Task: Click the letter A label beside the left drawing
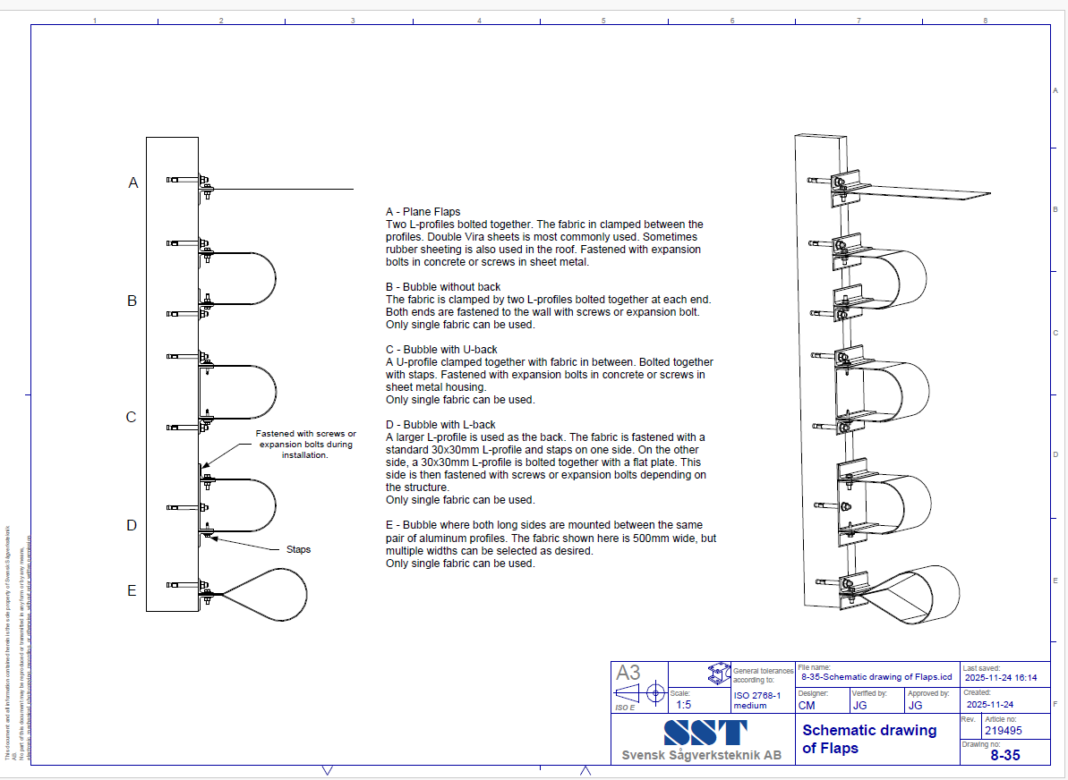133,182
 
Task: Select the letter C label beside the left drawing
131,417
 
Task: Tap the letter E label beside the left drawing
132,590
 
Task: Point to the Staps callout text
298,549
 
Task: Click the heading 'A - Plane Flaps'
423,212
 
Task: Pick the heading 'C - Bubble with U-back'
441,350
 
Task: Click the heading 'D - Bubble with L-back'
440,425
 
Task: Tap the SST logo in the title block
705,733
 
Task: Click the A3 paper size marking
628,674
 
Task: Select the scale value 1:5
683,705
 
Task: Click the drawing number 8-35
1004,756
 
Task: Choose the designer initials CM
807,705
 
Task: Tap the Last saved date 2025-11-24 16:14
1000,678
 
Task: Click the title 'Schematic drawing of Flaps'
867,739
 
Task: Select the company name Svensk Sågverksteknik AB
701,756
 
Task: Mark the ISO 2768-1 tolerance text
757,700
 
